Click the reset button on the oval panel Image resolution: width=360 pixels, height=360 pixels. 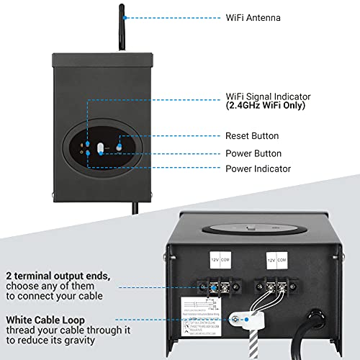(118, 147)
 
